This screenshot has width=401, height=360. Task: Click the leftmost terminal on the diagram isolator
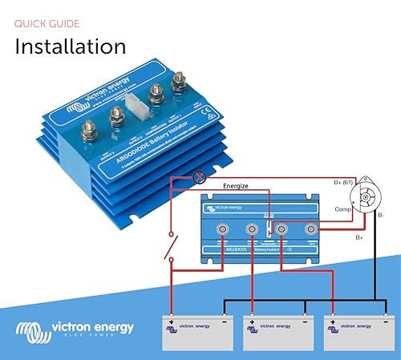click(221, 231)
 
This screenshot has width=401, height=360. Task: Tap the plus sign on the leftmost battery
click(172, 314)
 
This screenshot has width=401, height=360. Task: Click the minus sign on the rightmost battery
click(384, 314)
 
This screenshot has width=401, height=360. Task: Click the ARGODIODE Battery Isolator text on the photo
click(148, 146)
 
